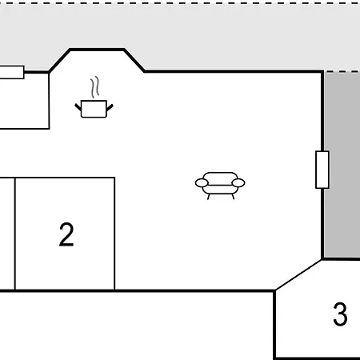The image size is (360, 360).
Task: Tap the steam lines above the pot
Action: (x=95, y=87)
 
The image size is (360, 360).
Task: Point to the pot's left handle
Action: (x=78, y=107)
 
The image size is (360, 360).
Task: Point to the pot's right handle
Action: (x=110, y=107)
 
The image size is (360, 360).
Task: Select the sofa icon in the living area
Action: (x=220, y=186)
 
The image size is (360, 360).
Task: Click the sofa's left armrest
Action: (x=202, y=183)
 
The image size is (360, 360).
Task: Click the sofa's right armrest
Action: (x=238, y=183)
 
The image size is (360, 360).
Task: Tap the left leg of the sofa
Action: (x=209, y=197)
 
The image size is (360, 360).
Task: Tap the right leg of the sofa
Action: (x=233, y=197)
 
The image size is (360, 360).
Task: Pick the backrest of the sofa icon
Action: (x=220, y=178)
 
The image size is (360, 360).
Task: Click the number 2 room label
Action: (x=66, y=234)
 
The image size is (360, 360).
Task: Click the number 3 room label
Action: (x=340, y=314)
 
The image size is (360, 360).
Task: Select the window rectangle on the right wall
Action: (x=322, y=170)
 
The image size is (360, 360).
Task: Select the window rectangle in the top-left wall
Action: (x=12, y=72)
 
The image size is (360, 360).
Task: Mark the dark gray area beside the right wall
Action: (x=342, y=165)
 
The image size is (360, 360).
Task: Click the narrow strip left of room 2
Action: (x=7, y=234)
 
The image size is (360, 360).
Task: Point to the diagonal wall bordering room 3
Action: (x=298, y=274)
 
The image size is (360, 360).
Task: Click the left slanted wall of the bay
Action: (x=59, y=61)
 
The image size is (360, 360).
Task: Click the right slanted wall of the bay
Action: (x=134, y=61)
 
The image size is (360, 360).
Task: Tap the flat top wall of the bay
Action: (x=97, y=50)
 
